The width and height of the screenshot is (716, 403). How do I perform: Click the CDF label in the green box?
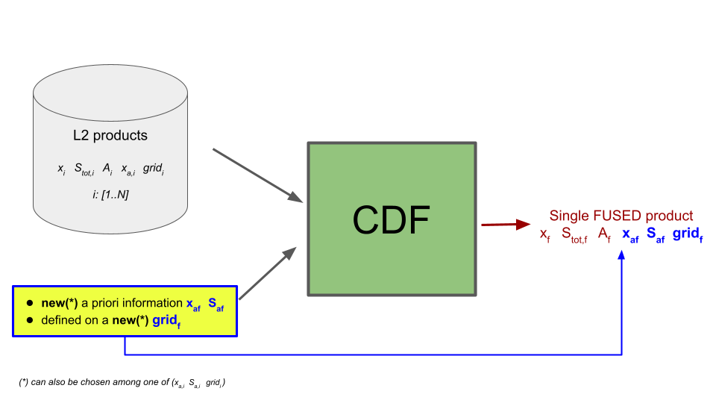click(392, 219)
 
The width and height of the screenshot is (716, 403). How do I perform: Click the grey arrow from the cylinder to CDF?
click(258, 175)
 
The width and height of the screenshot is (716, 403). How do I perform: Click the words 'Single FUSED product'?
click(621, 216)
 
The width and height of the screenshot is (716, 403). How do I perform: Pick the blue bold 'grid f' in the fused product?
click(687, 234)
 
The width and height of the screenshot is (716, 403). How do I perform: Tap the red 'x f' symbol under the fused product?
click(545, 235)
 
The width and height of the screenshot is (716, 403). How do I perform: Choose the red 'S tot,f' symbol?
click(574, 235)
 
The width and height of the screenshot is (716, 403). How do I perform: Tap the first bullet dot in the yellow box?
click(30, 304)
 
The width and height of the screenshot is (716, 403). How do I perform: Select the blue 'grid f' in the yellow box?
click(167, 321)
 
